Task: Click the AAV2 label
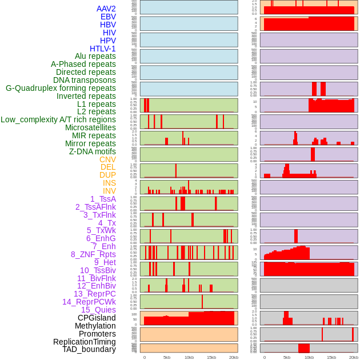106,9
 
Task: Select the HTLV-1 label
103,49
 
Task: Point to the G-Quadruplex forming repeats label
61,88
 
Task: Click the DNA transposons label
85,80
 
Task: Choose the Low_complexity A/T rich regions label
58,119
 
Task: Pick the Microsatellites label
90,127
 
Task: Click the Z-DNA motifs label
93,151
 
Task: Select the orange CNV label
107,159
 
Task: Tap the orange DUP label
107,175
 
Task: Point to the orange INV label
109,191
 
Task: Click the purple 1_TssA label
103,199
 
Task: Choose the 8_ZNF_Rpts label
93,254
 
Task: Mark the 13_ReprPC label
95,294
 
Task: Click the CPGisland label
97,318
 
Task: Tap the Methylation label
95,326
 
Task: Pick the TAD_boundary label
89,349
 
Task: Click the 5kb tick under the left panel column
167,357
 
